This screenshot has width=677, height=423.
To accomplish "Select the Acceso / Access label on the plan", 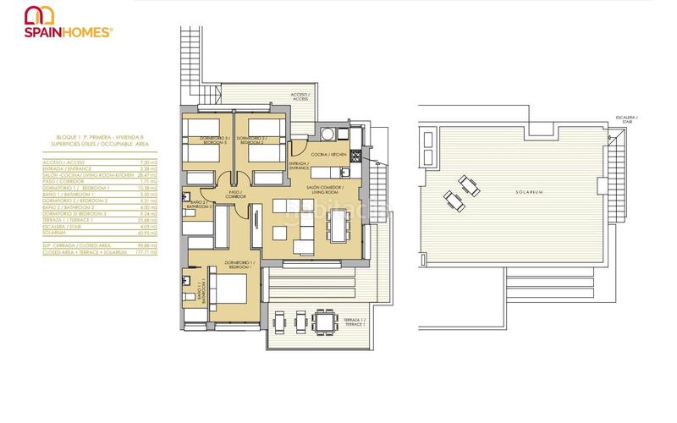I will (x=300, y=96).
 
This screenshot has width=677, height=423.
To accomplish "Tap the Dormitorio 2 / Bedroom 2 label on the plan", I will (x=251, y=140).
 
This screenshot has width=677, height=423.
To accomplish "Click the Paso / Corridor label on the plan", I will (x=236, y=194).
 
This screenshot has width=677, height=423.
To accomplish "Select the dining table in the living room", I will (x=338, y=225).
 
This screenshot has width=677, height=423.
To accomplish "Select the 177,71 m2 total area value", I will (x=129, y=251).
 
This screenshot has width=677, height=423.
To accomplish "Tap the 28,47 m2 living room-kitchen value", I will (x=129, y=175).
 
